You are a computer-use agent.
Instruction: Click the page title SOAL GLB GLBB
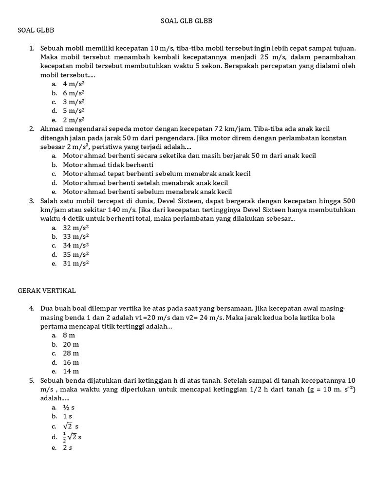[187, 21]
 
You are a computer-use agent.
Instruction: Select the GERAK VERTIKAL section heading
[47, 290]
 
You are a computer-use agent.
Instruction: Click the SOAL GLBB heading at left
[36, 30]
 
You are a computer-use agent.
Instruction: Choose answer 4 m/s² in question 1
[74, 84]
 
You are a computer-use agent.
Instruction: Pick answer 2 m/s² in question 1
[74, 120]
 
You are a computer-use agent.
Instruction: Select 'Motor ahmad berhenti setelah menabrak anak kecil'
[145, 183]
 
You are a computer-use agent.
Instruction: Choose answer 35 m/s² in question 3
[75, 254]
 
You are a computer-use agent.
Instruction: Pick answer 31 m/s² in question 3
[75, 264]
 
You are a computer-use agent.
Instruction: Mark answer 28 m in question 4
[71, 354]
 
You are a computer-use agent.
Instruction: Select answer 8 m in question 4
[69, 336]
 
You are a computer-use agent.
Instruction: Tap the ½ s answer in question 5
[68, 408]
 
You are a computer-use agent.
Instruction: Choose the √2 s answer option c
[71, 426]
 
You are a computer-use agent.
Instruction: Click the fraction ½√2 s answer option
[72, 437]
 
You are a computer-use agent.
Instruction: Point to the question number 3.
[31, 201]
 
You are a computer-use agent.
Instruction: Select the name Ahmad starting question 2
[52, 129]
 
